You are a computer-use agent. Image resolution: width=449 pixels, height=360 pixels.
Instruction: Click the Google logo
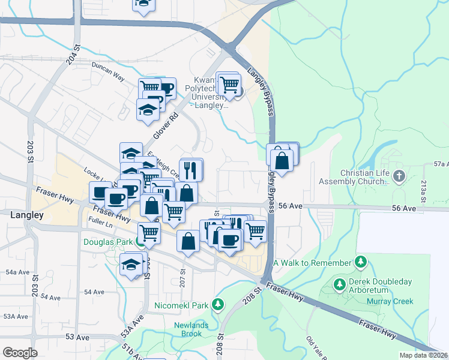(20, 353)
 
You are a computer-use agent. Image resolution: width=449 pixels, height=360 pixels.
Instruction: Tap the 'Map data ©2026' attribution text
(423, 355)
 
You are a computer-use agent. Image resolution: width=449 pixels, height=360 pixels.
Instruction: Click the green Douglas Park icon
(139, 243)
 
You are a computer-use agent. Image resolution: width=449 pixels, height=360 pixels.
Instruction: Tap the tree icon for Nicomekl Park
(217, 305)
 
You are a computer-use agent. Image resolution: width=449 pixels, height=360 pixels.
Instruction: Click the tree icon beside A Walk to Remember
(361, 262)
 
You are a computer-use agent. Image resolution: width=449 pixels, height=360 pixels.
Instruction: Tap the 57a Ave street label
(441, 164)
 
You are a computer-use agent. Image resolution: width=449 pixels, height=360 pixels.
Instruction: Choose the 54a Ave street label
(17, 272)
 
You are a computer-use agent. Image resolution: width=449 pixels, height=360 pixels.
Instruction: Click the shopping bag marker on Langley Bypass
(281, 161)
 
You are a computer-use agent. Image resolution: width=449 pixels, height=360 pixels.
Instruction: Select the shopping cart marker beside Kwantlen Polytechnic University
(229, 85)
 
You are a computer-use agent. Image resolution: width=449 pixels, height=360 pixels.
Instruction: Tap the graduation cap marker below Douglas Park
(131, 265)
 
